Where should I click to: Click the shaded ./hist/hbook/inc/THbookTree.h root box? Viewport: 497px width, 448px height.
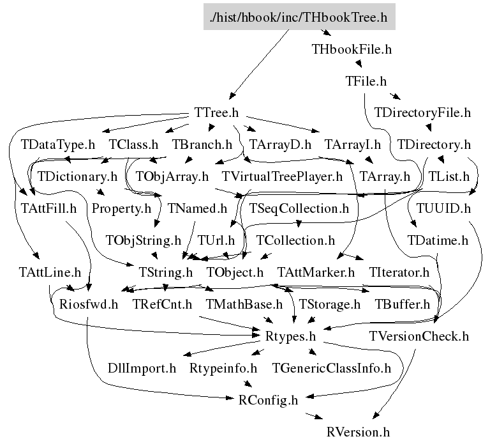click(x=299, y=17)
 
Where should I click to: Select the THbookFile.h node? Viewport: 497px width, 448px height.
click(x=352, y=49)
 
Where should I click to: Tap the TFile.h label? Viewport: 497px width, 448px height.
click(x=366, y=81)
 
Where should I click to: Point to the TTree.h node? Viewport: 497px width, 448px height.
click(x=216, y=112)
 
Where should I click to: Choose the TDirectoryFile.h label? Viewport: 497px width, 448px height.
click(x=422, y=112)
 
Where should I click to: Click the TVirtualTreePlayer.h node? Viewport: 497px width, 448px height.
click(x=283, y=176)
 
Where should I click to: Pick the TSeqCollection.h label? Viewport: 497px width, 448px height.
click(x=299, y=208)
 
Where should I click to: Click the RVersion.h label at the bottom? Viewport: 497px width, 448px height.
click(x=357, y=431)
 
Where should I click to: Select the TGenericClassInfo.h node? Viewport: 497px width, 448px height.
click(x=332, y=368)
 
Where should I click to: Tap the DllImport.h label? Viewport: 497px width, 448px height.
click(x=142, y=368)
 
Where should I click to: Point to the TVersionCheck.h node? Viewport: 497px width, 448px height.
click(x=419, y=336)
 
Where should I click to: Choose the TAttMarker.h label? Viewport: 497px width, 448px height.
click(x=316, y=272)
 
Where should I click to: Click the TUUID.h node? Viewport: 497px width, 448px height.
click(x=443, y=208)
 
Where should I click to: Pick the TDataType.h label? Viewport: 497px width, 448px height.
click(x=57, y=144)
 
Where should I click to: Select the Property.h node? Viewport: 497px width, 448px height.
click(x=121, y=208)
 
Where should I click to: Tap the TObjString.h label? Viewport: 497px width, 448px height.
click(x=144, y=240)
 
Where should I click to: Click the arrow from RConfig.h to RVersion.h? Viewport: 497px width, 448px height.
click(x=313, y=416)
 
